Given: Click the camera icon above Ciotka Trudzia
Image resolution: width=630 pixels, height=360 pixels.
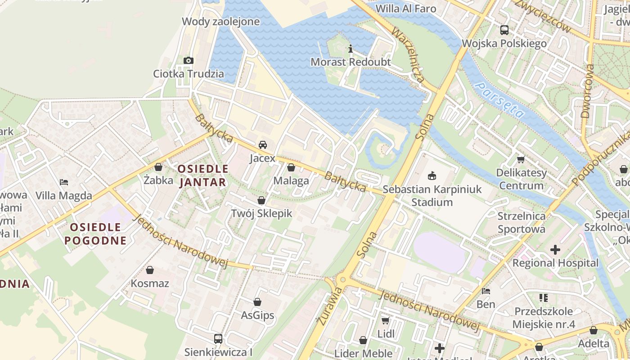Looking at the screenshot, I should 189,60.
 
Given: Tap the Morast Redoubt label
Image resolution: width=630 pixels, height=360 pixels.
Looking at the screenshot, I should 351,62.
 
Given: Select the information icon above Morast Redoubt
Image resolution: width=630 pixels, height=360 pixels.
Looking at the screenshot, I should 351,49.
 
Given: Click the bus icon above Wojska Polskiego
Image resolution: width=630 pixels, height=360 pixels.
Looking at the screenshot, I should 504,30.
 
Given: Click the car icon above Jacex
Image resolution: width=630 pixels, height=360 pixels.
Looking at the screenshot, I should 263,145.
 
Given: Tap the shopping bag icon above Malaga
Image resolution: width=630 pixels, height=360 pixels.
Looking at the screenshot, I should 291,168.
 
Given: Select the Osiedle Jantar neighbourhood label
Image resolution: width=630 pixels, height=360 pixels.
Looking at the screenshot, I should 203,175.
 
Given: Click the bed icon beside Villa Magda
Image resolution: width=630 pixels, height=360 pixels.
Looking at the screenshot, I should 64,182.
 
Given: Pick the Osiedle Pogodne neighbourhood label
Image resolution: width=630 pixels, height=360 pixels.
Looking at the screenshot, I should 95,233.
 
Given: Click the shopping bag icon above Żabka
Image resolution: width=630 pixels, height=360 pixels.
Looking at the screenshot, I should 158,167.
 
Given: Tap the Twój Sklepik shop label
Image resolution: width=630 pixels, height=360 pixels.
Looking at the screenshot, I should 261,213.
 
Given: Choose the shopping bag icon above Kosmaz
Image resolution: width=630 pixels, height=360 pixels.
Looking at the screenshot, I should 150,270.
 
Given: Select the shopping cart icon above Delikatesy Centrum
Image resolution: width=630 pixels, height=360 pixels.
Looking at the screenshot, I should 521,159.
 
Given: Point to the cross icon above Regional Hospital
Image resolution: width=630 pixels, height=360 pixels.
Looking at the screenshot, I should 555,250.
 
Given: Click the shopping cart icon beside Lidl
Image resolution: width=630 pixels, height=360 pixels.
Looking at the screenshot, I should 385,320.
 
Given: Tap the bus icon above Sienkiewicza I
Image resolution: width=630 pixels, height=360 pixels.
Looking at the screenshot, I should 218,339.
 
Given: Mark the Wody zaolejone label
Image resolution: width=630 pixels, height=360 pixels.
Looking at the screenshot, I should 220,21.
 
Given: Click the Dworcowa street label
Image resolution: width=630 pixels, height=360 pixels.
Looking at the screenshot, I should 588,91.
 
